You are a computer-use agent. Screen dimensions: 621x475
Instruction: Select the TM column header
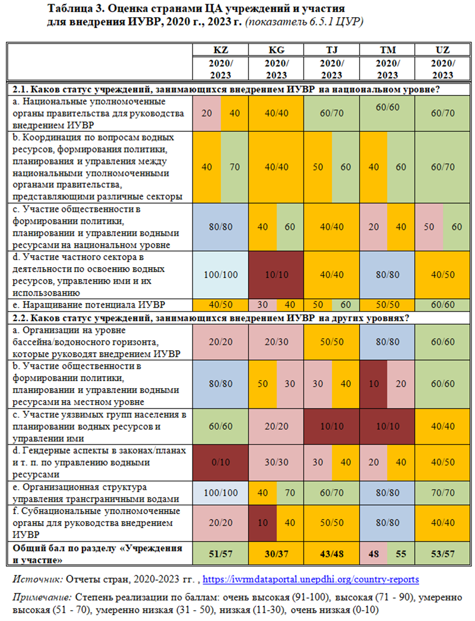pyautogui.click(x=387, y=50)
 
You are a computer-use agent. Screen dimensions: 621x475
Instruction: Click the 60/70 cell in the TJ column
pyautogui.click(x=331, y=492)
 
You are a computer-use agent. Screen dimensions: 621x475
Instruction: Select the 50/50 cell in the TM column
pyautogui.click(x=387, y=305)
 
